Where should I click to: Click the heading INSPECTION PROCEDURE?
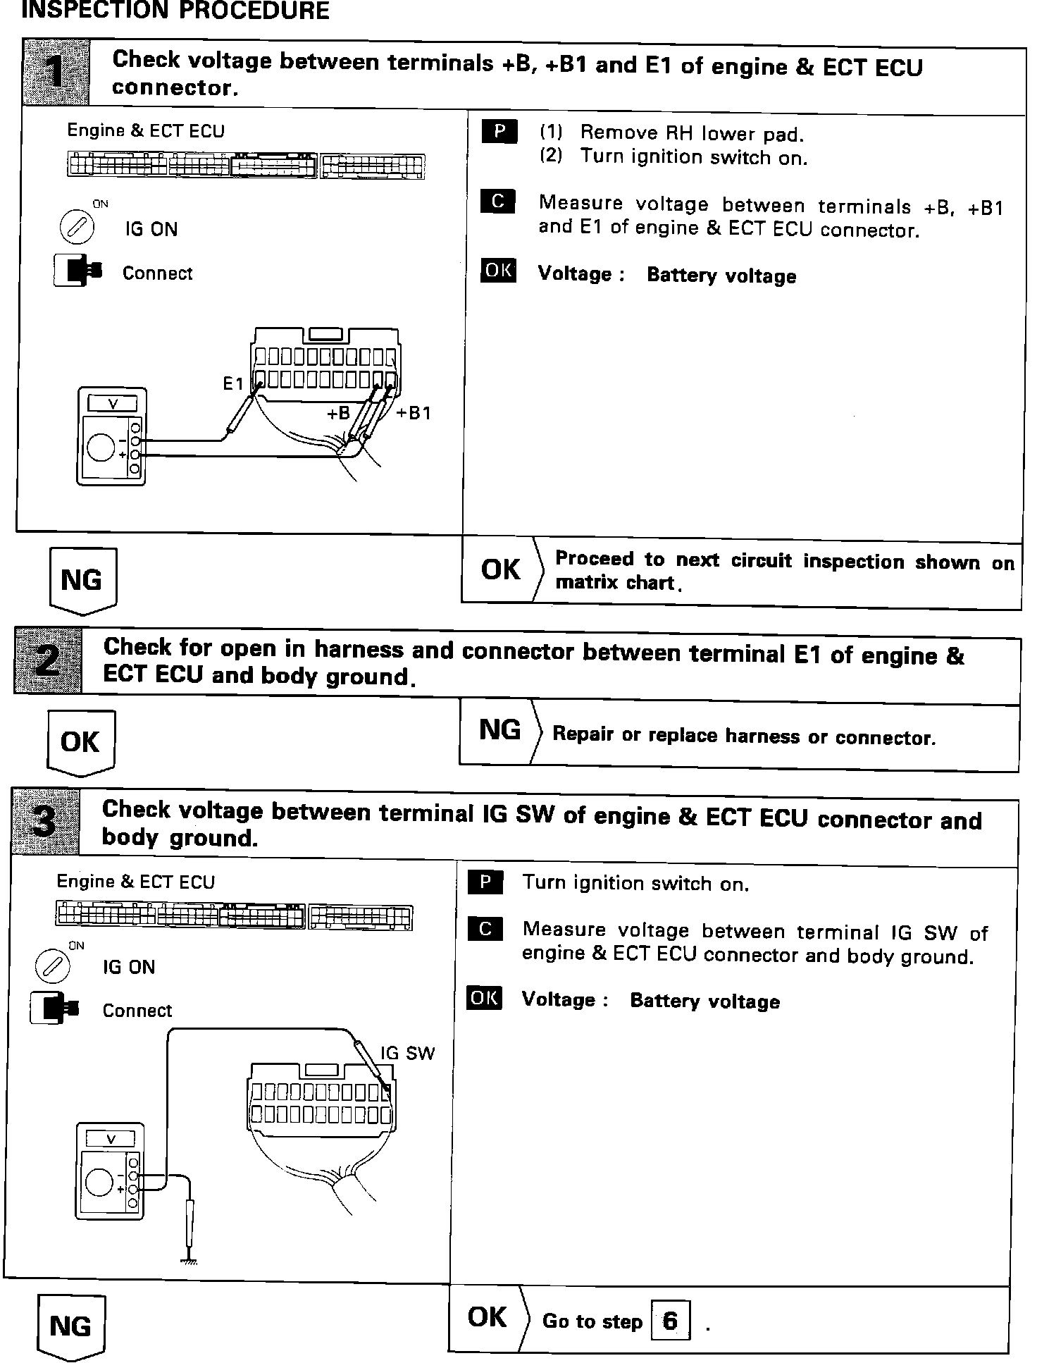pyautogui.click(x=175, y=11)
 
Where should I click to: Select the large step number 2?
pyautogui.click(x=48, y=660)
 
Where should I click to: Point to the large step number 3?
pyautogui.click(x=45, y=822)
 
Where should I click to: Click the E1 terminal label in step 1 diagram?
pyautogui.click(x=233, y=384)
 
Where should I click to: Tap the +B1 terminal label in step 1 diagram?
pyautogui.click(x=414, y=413)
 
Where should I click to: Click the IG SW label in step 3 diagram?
pyautogui.click(x=407, y=1053)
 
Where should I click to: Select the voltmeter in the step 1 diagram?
pyautogui.click(x=111, y=436)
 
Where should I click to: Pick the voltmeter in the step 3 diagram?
pyautogui.click(x=109, y=1171)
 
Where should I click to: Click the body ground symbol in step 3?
pyautogui.click(x=189, y=1261)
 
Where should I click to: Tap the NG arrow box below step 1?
pyautogui.click(x=82, y=580)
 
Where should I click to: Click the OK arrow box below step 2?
pyautogui.click(x=80, y=742)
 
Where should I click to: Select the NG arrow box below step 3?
pyautogui.click(x=70, y=1326)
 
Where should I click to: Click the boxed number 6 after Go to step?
pyautogui.click(x=670, y=1320)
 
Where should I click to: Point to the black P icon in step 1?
pyautogui.click(x=499, y=132)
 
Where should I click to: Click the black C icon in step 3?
pyautogui.click(x=485, y=929)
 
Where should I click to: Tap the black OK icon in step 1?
pyautogui.click(x=498, y=271)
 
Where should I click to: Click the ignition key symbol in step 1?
pyautogui.click(x=76, y=228)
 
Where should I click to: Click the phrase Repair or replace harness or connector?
pyautogui.click(x=744, y=736)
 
